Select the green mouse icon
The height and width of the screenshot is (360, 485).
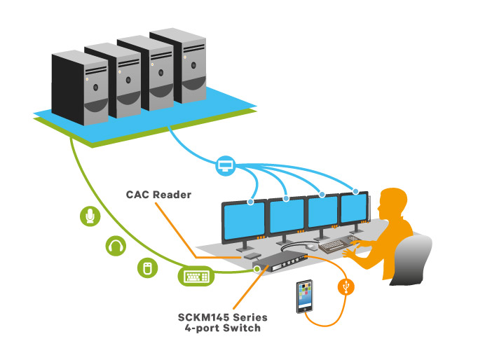146,268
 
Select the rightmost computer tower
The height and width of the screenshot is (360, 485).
176,65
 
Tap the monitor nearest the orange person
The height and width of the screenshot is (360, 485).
354,209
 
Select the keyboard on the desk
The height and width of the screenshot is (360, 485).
334,242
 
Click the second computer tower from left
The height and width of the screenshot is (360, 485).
111,83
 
